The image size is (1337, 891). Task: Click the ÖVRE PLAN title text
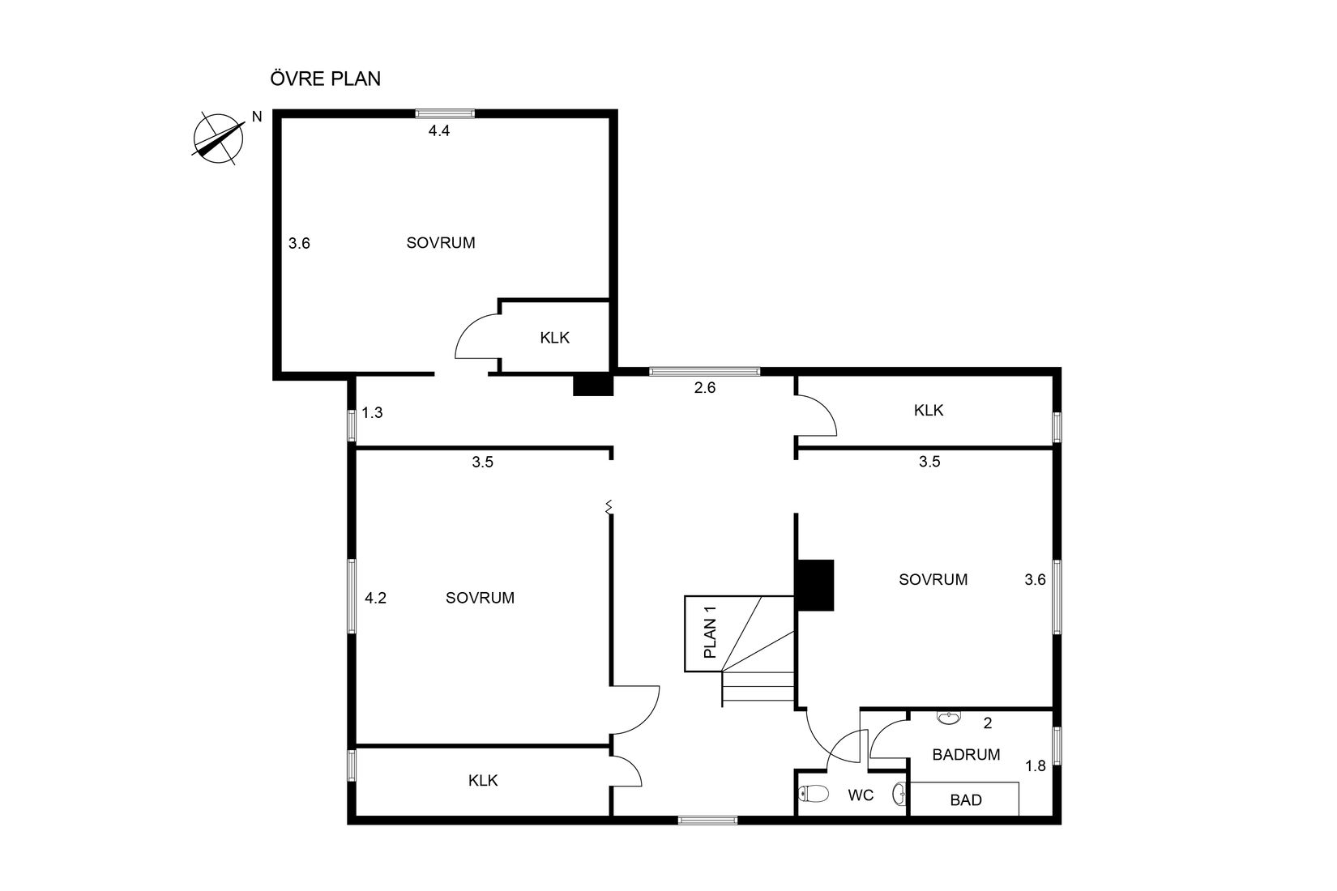tap(325, 79)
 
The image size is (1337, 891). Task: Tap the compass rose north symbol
tap(219, 139)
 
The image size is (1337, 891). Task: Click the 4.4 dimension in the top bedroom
tap(438, 130)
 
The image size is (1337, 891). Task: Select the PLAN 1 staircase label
tap(710, 633)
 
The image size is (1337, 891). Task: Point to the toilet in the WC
tap(814, 794)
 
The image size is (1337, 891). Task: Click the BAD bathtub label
tap(966, 799)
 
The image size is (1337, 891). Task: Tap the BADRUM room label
tap(966, 754)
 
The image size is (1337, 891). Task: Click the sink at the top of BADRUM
tap(948, 718)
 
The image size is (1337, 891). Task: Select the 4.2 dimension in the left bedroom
tap(375, 598)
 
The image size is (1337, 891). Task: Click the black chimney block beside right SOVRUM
tap(815, 585)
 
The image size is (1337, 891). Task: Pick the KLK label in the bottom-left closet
tap(483, 780)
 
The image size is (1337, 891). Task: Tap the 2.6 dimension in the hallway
tap(704, 387)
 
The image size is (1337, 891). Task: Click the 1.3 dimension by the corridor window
tap(372, 412)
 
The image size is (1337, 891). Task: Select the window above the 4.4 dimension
tap(446, 113)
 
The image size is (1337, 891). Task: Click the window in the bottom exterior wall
tap(707, 821)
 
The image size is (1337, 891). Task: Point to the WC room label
tap(861, 795)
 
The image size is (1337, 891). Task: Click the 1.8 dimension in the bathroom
tap(1035, 765)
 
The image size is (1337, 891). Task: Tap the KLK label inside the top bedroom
tap(554, 338)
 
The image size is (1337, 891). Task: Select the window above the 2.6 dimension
tap(704, 371)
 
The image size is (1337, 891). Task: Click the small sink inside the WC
tap(899, 794)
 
